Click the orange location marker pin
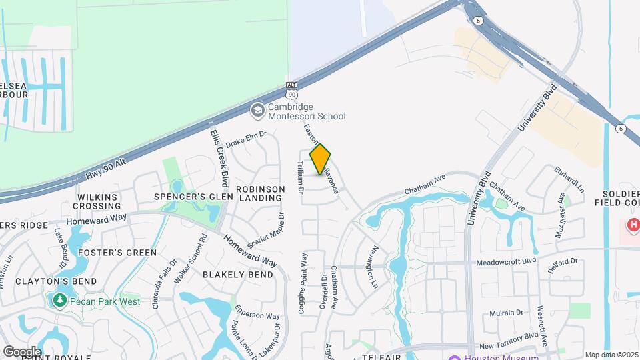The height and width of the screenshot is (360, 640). pyautogui.click(x=320, y=159)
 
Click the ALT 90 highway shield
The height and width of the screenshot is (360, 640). pyautogui.click(x=291, y=89)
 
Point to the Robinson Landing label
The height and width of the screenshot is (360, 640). pyautogui.click(x=259, y=193)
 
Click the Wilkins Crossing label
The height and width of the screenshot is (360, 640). pyautogui.click(x=97, y=201)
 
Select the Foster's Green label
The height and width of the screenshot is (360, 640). pyautogui.click(x=117, y=253)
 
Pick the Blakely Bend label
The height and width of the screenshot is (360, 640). pyautogui.click(x=238, y=275)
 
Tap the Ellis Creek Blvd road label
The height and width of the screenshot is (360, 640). pyautogui.click(x=217, y=155)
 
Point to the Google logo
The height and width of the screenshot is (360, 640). pyautogui.click(x=22, y=351)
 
